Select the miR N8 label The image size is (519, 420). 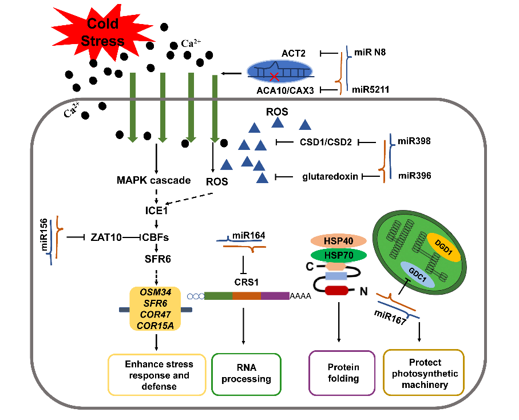[x=369, y=53]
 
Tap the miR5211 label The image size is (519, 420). [x=371, y=89]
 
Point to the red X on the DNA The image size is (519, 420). [x=275, y=76]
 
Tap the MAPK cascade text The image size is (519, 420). [x=153, y=181]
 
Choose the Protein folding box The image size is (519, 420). [x=343, y=373]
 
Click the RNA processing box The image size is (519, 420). [x=246, y=374]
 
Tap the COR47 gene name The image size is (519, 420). [x=155, y=314]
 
